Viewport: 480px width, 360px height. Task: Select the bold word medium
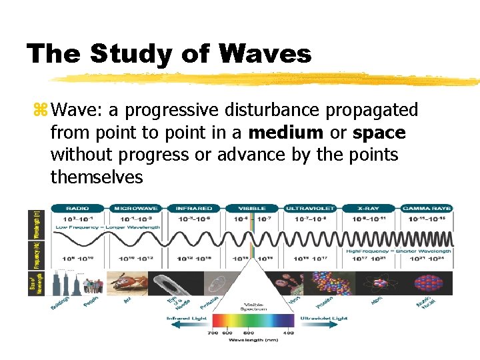(x=291, y=133)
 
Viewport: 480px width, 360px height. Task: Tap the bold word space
(x=379, y=133)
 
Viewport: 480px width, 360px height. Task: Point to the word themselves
(x=96, y=177)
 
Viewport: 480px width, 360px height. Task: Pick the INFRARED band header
(x=194, y=208)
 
